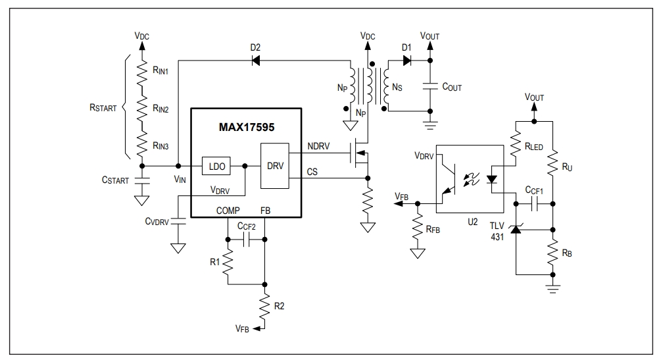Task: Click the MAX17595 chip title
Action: (x=247, y=127)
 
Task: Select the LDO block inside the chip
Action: (x=216, y=167)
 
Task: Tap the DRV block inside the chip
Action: (x=275, y=166)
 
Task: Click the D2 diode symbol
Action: (x=255, y=61)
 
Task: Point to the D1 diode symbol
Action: (x=407, y=61)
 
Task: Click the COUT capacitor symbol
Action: (x=430, y=86)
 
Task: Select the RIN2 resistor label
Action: (x=160, y=109)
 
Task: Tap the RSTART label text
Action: (x=103, y=108)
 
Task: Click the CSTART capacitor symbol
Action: (x=141, y=180)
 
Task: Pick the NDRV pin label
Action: (x=319, y=146)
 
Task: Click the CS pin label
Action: (x=312, y=172)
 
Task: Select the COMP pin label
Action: (x=228, y=210)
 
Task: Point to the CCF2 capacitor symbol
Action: (x=247, y=240)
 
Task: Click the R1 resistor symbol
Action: (x=228, y=262)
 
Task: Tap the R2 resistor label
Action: (x=279, y=306)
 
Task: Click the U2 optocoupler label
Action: (x=472, y=222)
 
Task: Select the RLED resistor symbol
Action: (x=516, y=143)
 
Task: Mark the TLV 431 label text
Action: (x=497, y=231)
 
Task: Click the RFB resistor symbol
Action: (x=418, y=228)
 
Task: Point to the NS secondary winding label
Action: (x=397, y=88)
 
